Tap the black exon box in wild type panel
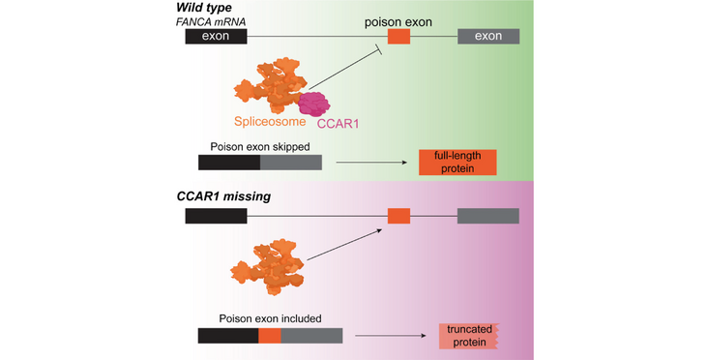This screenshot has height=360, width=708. click(216, 37)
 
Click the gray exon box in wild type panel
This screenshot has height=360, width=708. click(487, 37)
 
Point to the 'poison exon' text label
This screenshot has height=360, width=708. click(398, 16)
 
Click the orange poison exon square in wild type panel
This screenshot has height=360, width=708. click(398, 37)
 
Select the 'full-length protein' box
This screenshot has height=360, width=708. click(457, 163)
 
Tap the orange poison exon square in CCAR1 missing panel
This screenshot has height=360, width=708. click(398, 216)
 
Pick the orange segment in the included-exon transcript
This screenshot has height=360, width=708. click(270, 335)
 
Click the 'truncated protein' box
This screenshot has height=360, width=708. click(468, 336)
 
